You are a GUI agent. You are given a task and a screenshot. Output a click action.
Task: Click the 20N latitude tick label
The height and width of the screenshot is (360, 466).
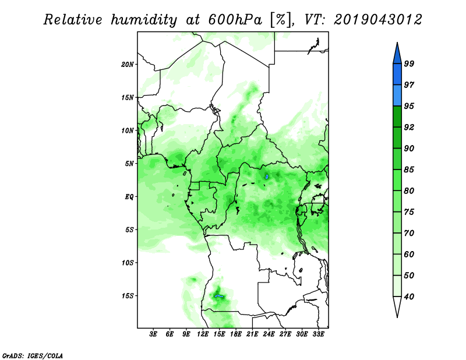coord(127,64)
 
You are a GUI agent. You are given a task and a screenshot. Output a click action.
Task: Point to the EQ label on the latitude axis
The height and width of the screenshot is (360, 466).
coord(129,197)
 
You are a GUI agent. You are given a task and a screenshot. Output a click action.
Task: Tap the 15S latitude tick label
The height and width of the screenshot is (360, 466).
coord(127,296)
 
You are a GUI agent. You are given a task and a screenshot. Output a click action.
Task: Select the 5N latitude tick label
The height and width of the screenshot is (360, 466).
coord(129,164)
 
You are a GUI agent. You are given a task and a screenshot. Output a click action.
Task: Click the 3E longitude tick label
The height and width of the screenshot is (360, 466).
coord(153,334)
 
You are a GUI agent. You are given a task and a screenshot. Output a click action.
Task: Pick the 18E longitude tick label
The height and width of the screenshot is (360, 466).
coord(236,334)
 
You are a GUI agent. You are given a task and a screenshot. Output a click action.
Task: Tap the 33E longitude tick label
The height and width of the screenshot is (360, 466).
coord(318,334)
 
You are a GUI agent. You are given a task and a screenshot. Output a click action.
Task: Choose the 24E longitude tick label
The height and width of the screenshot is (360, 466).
coord(269,334)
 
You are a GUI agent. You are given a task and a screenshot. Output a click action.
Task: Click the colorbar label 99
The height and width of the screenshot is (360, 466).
coord(409,63)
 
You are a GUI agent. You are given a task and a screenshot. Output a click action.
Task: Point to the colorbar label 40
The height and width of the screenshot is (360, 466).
coord(409,297)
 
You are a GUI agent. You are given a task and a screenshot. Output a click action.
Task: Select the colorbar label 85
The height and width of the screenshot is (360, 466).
coord(409,170)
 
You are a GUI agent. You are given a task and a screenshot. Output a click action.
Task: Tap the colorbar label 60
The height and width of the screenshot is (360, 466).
coord(409,254)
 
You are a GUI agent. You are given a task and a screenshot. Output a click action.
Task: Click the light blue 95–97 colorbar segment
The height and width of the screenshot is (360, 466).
coord(397,96)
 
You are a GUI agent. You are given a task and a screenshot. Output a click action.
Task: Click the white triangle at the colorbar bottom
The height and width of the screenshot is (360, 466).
coord(397,306)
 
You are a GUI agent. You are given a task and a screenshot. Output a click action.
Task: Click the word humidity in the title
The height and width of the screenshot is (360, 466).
coord(144,20)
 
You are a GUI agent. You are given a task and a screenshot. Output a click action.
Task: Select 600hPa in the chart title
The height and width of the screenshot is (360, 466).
coord(235,20)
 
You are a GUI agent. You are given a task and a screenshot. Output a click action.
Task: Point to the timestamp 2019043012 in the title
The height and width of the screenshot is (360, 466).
coord(377,20)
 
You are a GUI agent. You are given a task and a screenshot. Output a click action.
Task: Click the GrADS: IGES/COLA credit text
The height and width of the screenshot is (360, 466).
coord(33,355)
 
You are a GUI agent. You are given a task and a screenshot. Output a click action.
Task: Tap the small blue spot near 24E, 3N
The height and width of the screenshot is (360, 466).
coord(267,177)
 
